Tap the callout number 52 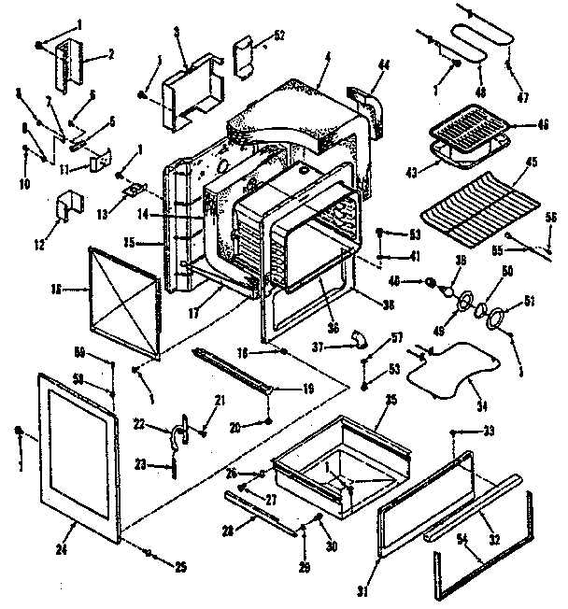coord(279,36)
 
